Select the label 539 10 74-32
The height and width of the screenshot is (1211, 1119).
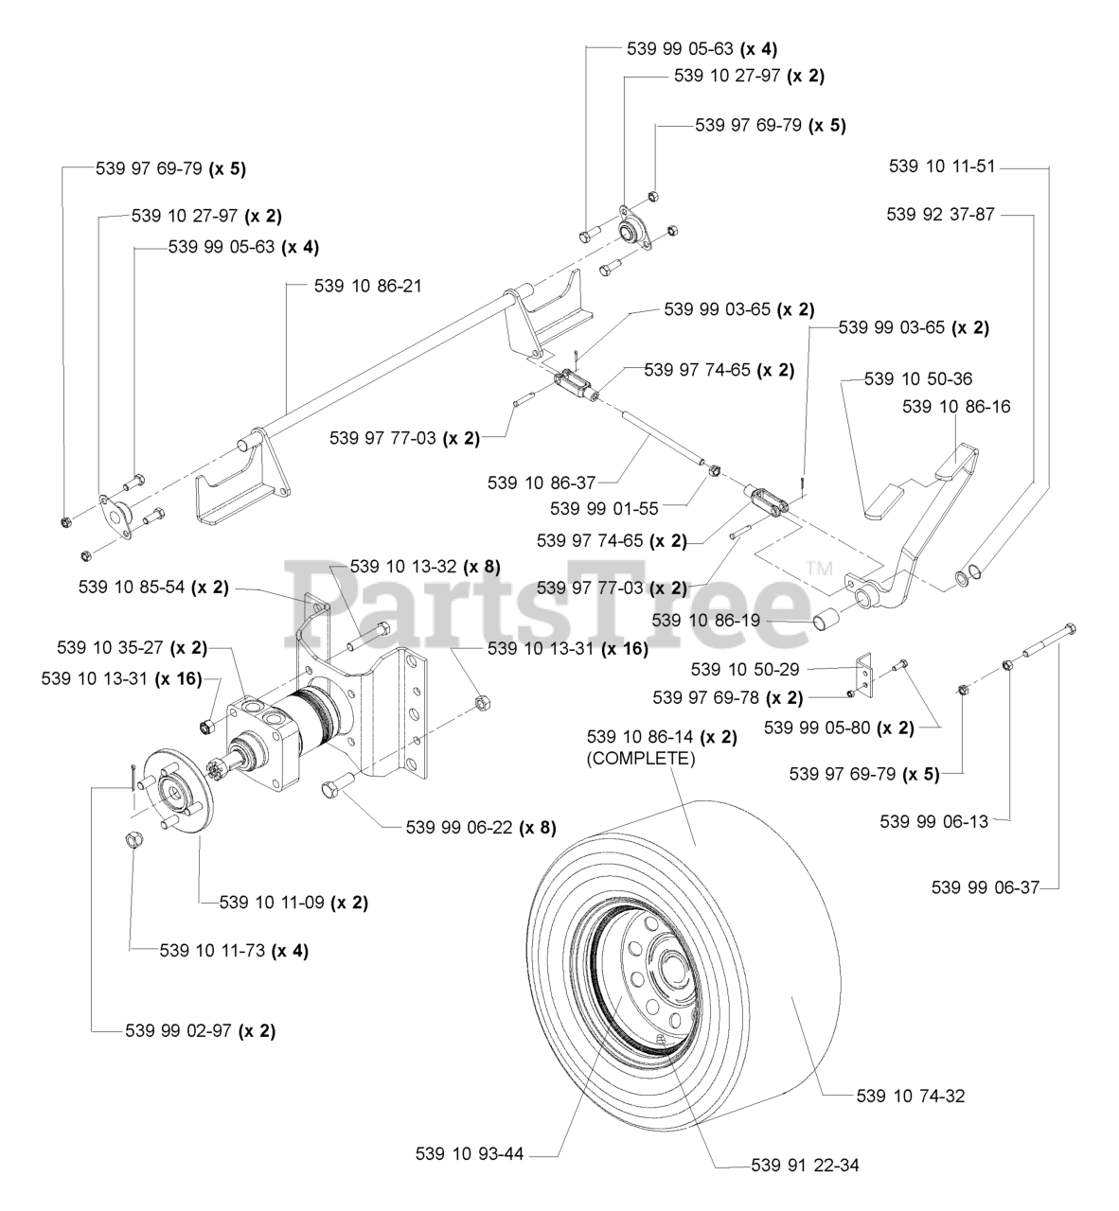[x=911, y=1097]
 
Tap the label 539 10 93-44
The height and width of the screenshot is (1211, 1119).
[x=470, y=1154]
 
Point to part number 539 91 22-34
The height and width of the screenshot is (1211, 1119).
[x=805, y=1166]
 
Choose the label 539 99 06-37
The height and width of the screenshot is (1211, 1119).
[x=986, y=886]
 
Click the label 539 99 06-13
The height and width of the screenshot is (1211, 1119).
[x=933, y=821]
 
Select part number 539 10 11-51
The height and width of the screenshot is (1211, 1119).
[x=942, y=167]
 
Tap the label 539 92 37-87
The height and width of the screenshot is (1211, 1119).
[x=941, y=215]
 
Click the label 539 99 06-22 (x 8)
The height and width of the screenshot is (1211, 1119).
[x=480, y=827]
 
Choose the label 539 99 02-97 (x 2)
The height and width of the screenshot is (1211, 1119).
[x=200, y=1030]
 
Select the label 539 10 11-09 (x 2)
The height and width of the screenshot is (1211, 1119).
[x=293, y=903]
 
